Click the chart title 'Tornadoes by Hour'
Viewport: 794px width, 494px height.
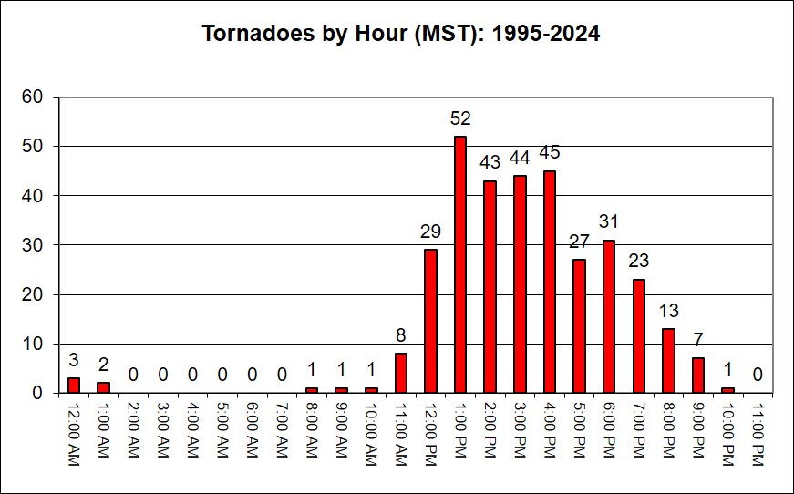(x=400, y=35)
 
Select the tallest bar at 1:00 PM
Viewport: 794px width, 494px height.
(x=460, y=264)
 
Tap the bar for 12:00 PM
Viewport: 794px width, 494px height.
(x=430, y=321)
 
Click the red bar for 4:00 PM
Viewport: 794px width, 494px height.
(x=550, y=282)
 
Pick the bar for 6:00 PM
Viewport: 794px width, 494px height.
(x=609, y=316)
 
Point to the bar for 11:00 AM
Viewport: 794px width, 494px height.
(x=401, y=373)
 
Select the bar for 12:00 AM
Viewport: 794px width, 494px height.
(x=74, y=386)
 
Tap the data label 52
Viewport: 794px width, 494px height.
(x=460, y=118)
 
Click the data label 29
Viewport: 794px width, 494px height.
(x=430, y=232)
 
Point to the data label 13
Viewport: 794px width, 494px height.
(x=668, y=311)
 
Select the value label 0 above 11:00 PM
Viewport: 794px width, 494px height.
(x=758, y=375)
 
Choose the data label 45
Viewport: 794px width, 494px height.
(x=550, y=152)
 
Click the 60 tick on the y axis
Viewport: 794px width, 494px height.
(x=33, y=97)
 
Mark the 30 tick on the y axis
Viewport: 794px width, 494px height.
(x=33, y=245)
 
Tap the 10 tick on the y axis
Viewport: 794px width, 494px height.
(x=33, y=344)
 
